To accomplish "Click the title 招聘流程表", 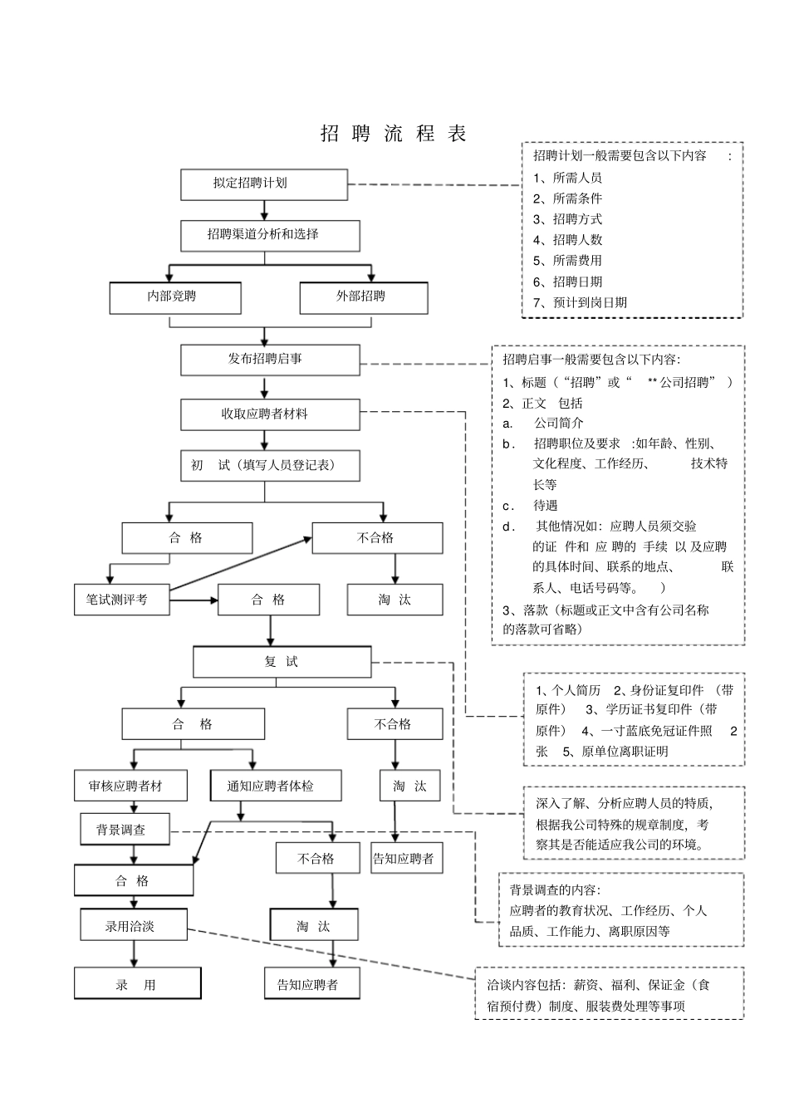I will pos(394,134).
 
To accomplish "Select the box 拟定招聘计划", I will pos(264,184).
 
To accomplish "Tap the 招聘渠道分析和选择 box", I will pos(270,236).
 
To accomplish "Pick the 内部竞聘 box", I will pos(175,297).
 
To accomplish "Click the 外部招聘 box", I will pos(363,297).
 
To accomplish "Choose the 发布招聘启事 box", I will pos(270,360).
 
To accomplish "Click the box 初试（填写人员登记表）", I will pos(270,466).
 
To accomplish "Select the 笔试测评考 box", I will pos(122,600).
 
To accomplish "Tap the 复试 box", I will pos(282,662).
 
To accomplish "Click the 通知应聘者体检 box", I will pos(272,786).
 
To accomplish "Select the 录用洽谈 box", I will pos(133,926).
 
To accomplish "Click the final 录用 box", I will pos(137,985).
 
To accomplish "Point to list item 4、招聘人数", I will pos(567,240).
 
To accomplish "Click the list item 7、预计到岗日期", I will pos(580,302).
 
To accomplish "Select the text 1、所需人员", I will pos(567,178).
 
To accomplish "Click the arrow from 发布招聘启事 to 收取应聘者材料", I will pos(265,387).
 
